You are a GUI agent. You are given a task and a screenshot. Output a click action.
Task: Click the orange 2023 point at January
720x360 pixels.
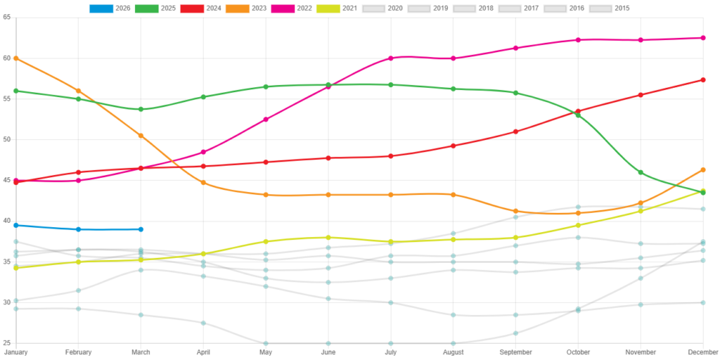point(15,58)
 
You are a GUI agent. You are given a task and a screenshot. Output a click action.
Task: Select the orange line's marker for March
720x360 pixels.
point(141,135)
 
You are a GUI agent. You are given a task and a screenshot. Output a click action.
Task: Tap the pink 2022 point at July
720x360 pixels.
point(391,58)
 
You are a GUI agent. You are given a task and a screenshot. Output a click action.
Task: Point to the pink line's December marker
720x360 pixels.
point(703,37)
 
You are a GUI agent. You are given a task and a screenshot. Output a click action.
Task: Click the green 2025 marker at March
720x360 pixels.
point(141,109)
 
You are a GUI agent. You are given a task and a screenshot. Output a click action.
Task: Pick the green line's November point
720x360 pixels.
point(641,172)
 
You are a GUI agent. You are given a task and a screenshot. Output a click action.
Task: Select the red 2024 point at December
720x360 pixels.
point(703,79)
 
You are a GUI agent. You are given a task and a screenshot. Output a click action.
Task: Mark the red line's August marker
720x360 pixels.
point(454,146)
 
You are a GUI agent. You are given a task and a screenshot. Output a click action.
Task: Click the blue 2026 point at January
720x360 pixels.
point(15,225)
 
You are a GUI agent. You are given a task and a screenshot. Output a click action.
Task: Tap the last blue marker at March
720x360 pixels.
point(141,229)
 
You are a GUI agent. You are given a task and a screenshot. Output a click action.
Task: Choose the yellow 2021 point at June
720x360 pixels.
point(328,237)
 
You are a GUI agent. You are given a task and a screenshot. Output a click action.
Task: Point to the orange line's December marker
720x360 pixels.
point(703,169)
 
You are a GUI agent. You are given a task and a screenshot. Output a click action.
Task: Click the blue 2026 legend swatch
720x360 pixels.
point(101,8)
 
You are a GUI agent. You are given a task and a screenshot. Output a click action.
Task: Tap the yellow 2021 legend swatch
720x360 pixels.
point(328,8)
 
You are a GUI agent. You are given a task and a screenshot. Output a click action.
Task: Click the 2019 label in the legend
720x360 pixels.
point(441,8)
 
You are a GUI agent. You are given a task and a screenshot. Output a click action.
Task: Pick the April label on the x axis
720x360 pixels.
point(203,352)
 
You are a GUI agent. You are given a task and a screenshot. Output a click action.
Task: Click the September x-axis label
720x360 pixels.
point(515,352)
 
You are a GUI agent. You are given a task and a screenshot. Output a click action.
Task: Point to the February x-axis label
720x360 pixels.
point(78,352)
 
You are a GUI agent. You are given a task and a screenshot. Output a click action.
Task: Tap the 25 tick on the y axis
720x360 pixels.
point(6,343)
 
